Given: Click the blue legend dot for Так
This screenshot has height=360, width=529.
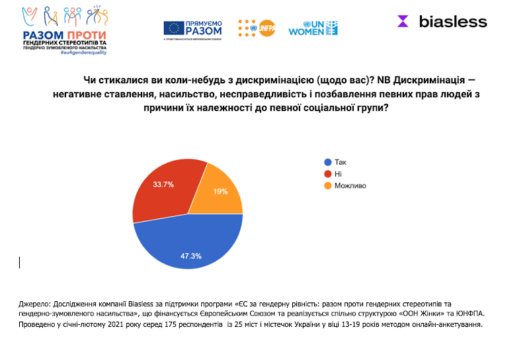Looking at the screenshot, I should (x=327, y=162).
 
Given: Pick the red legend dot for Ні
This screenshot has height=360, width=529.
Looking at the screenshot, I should (x=327, y=174).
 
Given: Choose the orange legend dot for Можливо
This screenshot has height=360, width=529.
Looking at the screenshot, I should (x=327, y=186).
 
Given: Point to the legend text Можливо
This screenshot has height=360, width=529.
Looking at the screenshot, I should (x=350, y=186).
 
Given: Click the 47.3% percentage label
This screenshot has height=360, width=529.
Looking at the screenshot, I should (x=192, y=255).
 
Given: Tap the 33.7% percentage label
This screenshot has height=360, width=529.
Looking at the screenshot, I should (x=163, y=185).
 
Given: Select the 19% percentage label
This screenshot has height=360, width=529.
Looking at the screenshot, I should (x=221, y=192).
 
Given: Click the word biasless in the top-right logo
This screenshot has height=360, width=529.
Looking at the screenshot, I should (x=453, y=22).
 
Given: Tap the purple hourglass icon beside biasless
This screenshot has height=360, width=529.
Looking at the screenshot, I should (x=403, y=21).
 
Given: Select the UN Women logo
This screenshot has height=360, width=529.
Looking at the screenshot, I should (x=313, y=28).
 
